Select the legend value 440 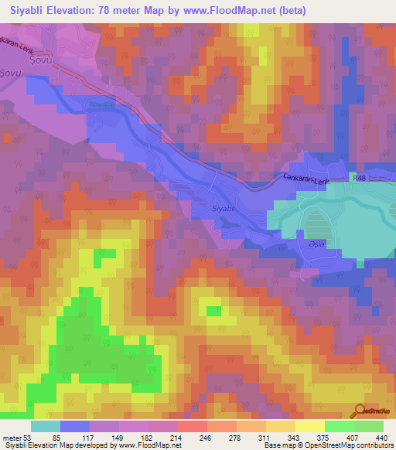383,437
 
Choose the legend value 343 295,437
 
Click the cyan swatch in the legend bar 45,426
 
